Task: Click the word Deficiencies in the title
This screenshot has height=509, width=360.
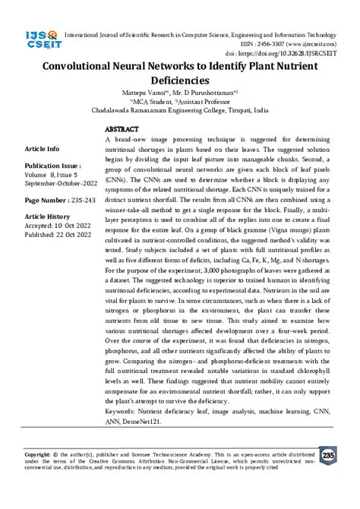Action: point(179,79)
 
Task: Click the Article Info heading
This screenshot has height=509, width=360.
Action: point(43,149)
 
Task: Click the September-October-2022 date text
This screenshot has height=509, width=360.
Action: point(60,182)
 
